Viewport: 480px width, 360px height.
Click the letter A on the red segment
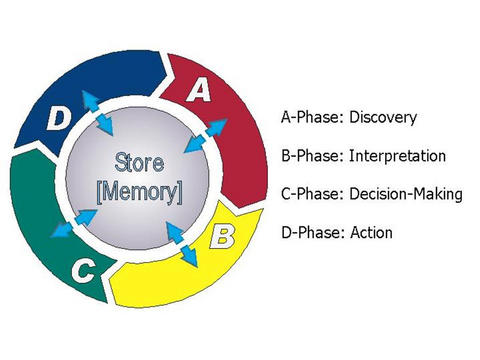[201, 92]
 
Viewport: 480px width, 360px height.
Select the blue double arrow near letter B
[182, 243]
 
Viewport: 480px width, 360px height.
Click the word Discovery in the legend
[383, 118]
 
